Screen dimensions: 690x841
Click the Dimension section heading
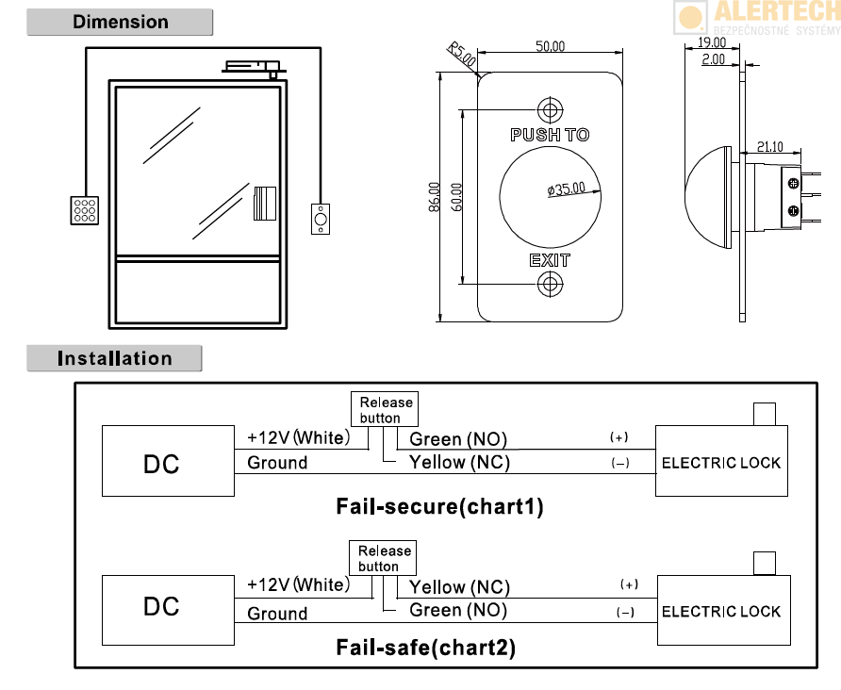point(120,22)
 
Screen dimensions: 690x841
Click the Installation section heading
point(114,358)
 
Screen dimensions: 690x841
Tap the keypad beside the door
point(85,209)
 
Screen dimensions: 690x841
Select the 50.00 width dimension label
point(550,46)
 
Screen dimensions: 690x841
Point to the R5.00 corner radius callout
point(462,53)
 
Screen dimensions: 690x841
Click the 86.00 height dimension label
point(435,197)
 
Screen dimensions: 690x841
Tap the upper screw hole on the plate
point(549,107)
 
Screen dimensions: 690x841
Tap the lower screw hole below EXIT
point(549,284)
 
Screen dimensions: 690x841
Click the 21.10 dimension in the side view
point(770,146)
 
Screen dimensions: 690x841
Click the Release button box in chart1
point(386,410)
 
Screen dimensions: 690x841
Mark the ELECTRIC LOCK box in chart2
point(721,610)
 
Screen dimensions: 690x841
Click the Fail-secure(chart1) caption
point(439,506)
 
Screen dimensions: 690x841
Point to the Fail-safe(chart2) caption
point(426,648)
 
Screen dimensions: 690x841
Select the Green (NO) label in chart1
point(458,439)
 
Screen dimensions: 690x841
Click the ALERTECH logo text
point(775,12)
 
